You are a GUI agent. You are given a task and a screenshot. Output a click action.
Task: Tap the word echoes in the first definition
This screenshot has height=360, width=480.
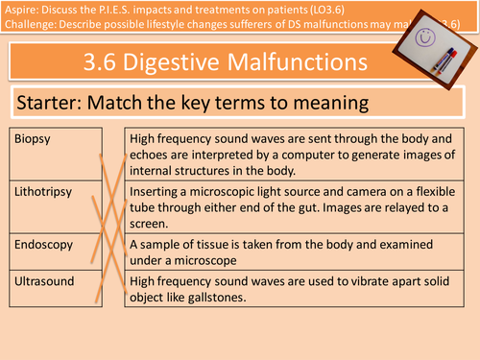154,155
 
